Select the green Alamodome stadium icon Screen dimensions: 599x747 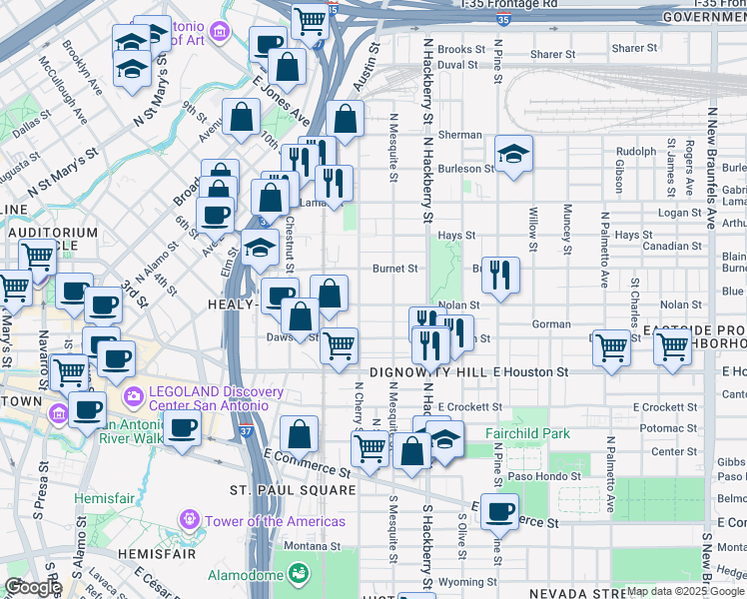point(297,574)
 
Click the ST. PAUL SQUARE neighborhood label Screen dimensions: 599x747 point(293,490)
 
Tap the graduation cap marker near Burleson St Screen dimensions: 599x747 point(513,153)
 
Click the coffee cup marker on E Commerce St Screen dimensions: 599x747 point(499,510)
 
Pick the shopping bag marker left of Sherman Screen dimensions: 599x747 point(345,119)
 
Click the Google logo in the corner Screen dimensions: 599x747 point(32,587)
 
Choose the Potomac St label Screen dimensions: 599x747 point(668,427)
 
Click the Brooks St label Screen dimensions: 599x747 point(460,49)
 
